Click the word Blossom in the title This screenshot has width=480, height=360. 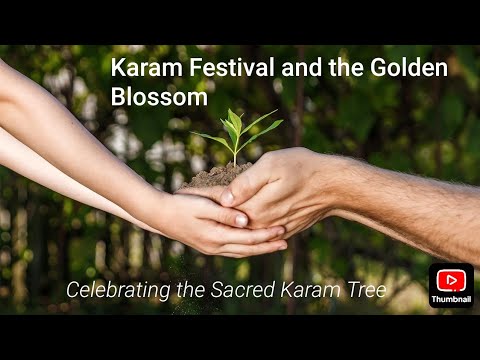(159, 98)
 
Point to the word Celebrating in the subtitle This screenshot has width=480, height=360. (115, 291)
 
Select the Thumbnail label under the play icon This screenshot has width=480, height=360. (451, 299)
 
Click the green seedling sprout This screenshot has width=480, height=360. (236, 135)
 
